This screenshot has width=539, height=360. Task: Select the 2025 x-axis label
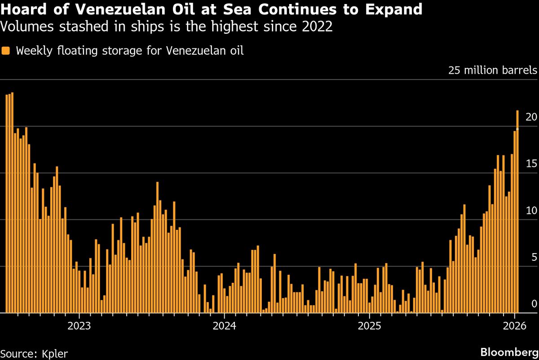coord(368,325)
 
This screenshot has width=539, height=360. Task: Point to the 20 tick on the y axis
coord(531,117)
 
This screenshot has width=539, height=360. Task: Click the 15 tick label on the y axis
coord(531,164)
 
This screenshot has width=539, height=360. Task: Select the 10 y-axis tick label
coord(531,211)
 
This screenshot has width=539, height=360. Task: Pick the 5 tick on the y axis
coord(534,257)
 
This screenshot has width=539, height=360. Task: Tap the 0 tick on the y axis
coord(534,304)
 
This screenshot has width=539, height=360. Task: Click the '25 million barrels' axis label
coord(492,70)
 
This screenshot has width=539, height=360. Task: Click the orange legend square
coord(5,50)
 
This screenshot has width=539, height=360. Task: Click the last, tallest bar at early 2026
coord(517,211)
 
